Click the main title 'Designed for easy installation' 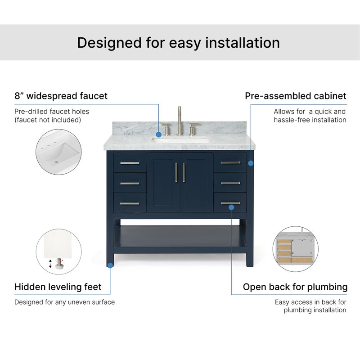click(x=178, y=43)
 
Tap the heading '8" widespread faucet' click(x=61, y=96)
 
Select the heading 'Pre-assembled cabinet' click(x=296, y=96)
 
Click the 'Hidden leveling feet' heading click(x=58, y=287)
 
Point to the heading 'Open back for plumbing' click(x=295, y=287)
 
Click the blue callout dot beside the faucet click(x=159, y=135)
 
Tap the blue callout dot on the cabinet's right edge click(x=251, y=163)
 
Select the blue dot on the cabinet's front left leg click(x=110, y=265)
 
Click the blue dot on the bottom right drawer click(x=231, y=207)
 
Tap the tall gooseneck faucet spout click(x=179, y=121)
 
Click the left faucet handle click(x=166, y=129)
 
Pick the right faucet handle click(x=193, y=129)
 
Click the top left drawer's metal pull click(x=130, y=163)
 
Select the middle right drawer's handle click(x=230, y=183)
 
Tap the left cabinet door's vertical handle click(x=176, y=173)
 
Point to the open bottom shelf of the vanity click(x=180, y=236)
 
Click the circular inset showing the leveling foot click(x=59, y=252)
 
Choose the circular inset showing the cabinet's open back click(x=296, y=249)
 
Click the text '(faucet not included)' click(x=48, y=120)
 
